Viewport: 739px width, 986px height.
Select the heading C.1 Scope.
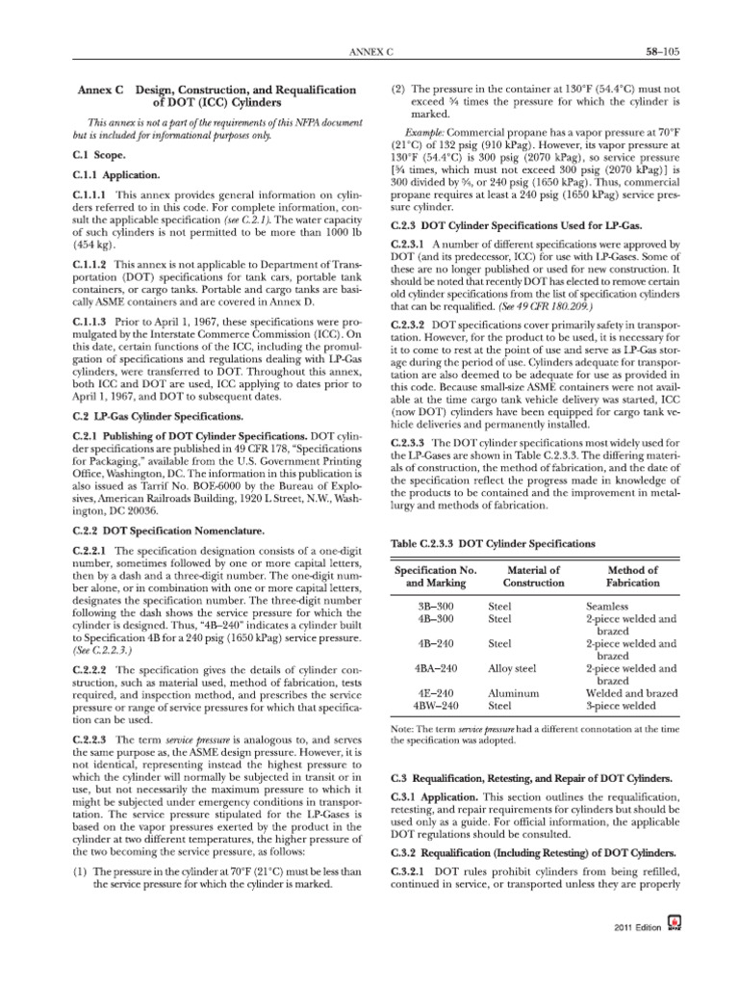tap(96, 153)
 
